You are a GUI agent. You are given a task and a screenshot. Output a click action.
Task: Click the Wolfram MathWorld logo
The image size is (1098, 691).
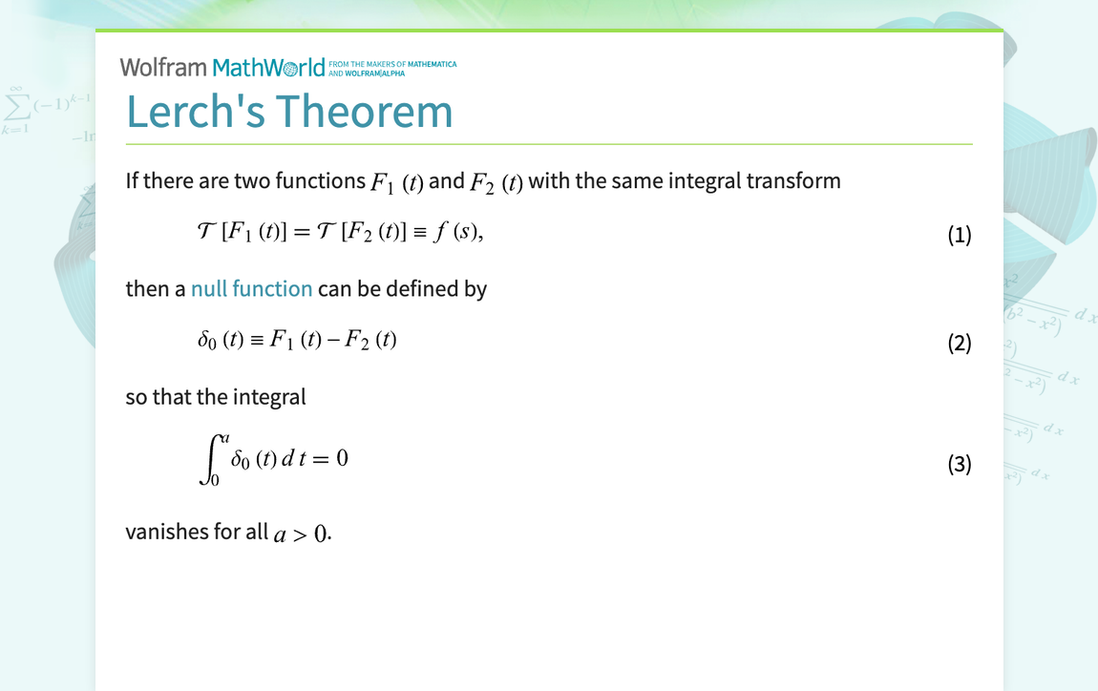click(222, 68)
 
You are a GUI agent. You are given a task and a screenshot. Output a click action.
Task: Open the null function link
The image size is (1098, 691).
click(251, 289)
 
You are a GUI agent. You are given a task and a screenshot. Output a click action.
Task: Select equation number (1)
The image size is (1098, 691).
click(959, 235)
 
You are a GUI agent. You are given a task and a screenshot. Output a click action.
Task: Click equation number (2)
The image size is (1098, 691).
click(959, 343)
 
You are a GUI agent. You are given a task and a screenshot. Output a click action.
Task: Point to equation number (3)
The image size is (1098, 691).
click(959, 464)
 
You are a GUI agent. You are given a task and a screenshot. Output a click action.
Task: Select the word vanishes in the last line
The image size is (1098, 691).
click(165, 532)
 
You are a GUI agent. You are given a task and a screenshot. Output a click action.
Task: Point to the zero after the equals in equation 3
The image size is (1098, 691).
click(342, 459)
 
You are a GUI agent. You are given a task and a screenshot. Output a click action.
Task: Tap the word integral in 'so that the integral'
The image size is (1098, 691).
click(269, 397)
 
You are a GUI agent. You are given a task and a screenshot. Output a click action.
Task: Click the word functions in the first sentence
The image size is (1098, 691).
click(320, 181)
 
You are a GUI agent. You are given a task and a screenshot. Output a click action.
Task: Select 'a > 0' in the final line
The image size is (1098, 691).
click(301, 534)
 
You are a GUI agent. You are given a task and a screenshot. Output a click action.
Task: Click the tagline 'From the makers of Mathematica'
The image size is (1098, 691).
click(392, 64)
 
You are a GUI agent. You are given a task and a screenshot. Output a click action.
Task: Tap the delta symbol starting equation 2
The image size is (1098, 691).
click(203, 341)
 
